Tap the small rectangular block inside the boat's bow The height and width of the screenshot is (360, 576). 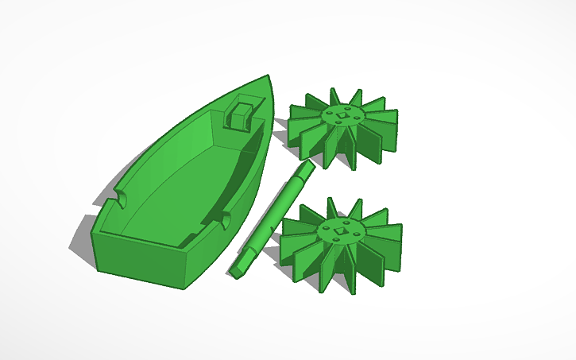click(x=240, y=114)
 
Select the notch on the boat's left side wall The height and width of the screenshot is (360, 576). click(x=122, y=195)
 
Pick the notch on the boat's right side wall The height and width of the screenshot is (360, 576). click(x=223, y=217)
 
